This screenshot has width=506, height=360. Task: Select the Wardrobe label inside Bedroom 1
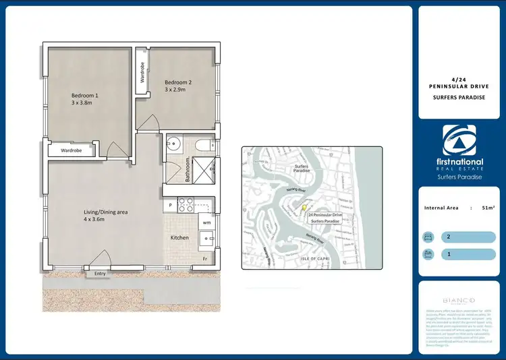pos(71,150)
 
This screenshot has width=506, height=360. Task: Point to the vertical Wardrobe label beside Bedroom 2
pos(143,71)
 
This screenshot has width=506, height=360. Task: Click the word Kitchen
pos(179,237)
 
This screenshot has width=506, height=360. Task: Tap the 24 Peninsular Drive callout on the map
pos(325,218)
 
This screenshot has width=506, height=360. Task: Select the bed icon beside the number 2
pos(427,237)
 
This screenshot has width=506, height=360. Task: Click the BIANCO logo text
pos(459,300)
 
